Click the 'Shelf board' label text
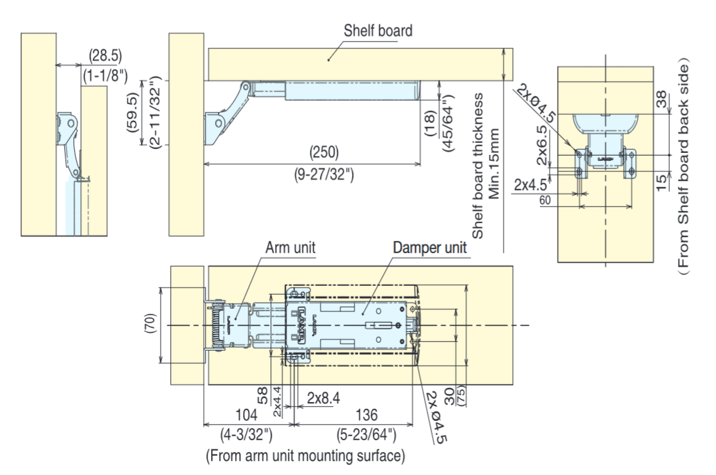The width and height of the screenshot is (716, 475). (x=377, y=31)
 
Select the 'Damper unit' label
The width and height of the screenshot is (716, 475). (x=430, y=247)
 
